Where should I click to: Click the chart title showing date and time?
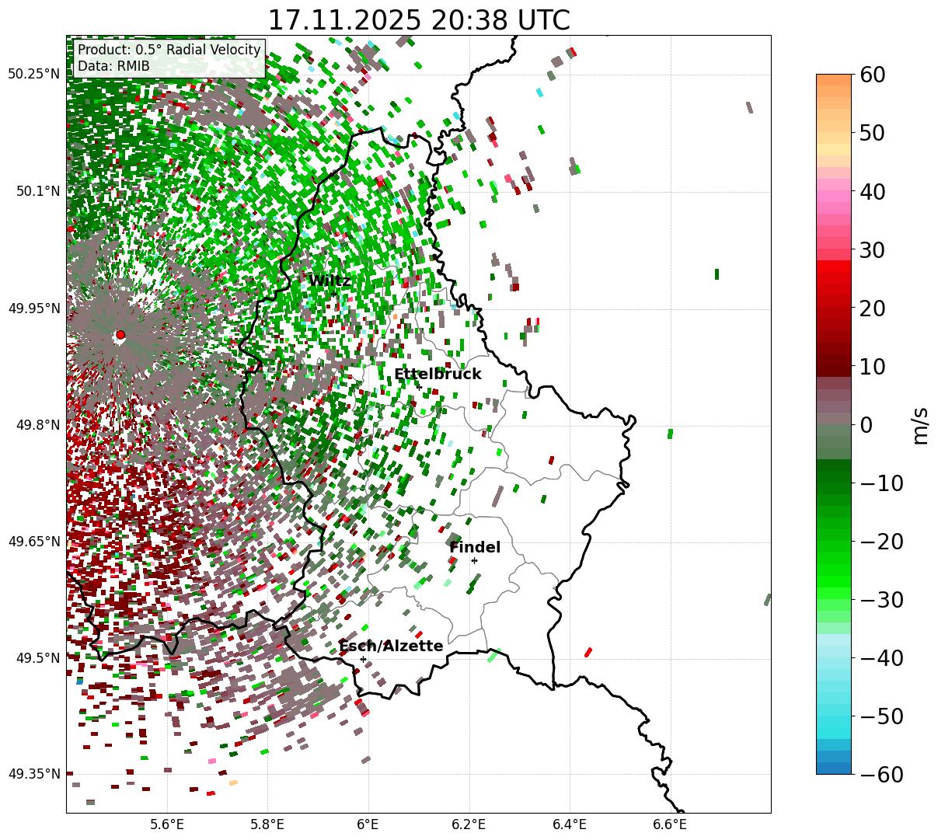click(x=418, y=20)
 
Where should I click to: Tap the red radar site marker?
click(x=120, y=335)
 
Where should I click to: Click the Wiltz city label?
click(x=330, y=281)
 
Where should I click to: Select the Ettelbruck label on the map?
click(x=438, y=375)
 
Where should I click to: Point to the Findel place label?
click(x=475, y=548)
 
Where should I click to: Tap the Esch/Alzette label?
click(x=391, y=647)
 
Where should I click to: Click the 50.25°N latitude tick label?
click(x=34, y=75)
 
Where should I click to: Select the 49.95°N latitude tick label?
click(x=34, y=308)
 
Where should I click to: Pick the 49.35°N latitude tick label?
click(x=34, y=774)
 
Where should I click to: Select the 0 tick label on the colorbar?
click(x=867, y=425)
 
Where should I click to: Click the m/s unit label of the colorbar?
click(x=921, y=425)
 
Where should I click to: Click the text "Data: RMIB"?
click(x=113, y=67)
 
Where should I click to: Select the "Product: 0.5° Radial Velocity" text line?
click(x=169, y=50)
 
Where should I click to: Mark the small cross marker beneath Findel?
click(x=474, y=560)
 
